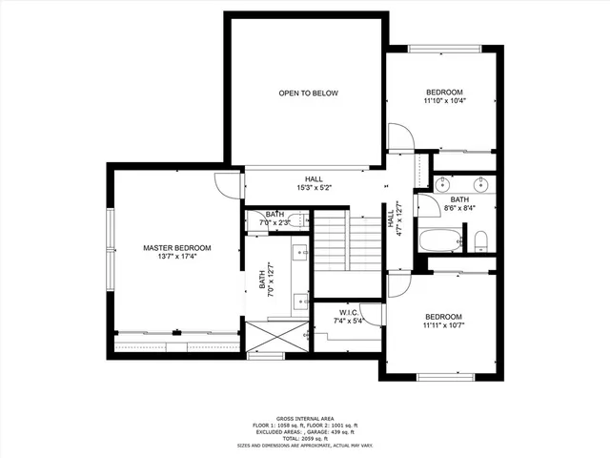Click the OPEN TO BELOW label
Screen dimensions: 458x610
coord(308,94)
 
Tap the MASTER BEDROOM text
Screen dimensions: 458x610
coord(177,248)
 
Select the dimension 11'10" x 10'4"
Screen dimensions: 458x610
coord(444,100)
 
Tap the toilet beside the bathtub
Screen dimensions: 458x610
coord(482,239)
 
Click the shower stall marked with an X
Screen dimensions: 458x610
coord(275,335)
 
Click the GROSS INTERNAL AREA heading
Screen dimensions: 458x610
coord(305,419)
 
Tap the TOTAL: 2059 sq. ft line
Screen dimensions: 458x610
coord(305,438)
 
